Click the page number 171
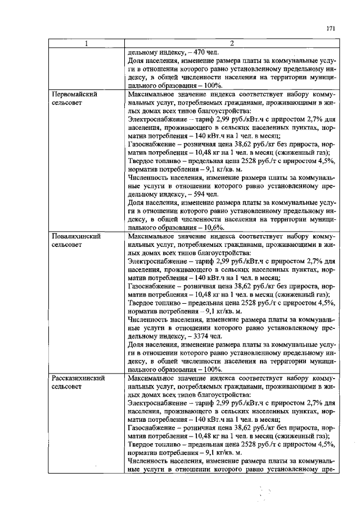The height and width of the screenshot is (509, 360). pos(331,28)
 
